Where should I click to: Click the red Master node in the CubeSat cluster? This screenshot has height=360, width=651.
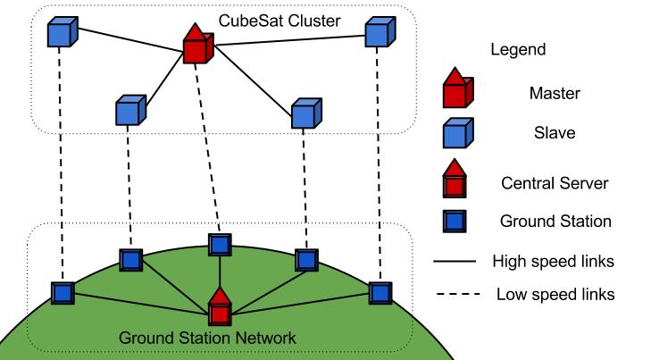pyautogui.click(x=196, y=46)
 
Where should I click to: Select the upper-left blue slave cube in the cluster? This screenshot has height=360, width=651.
pyautogui.click(x=61, y=34)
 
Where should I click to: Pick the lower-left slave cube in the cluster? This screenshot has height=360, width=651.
pyautogui.click(x=130, y=111)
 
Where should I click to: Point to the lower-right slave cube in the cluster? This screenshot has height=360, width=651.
pyautogui.click(x=306, y=113)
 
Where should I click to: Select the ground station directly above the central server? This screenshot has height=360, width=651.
pyautogui.click(x=219, y=244)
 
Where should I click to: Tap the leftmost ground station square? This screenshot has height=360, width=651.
pyautogui.click(x=63, y=292)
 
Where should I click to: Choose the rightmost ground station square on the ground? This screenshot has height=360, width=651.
pyautogui.click(x=380, y=292)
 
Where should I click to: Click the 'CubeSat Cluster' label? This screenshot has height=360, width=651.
pyautogui.click(x=282, y=19)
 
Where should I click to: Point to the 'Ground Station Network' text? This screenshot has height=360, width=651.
pyautogui.click(x=207, y=338)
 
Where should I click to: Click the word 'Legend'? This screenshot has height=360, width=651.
pyautogui.click(x=516, y=50)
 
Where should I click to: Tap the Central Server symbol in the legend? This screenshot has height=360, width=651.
pyautogui.click(x=457, y=180)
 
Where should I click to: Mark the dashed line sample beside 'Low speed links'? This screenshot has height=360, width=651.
pyautogui.click(x=456, y=294)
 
